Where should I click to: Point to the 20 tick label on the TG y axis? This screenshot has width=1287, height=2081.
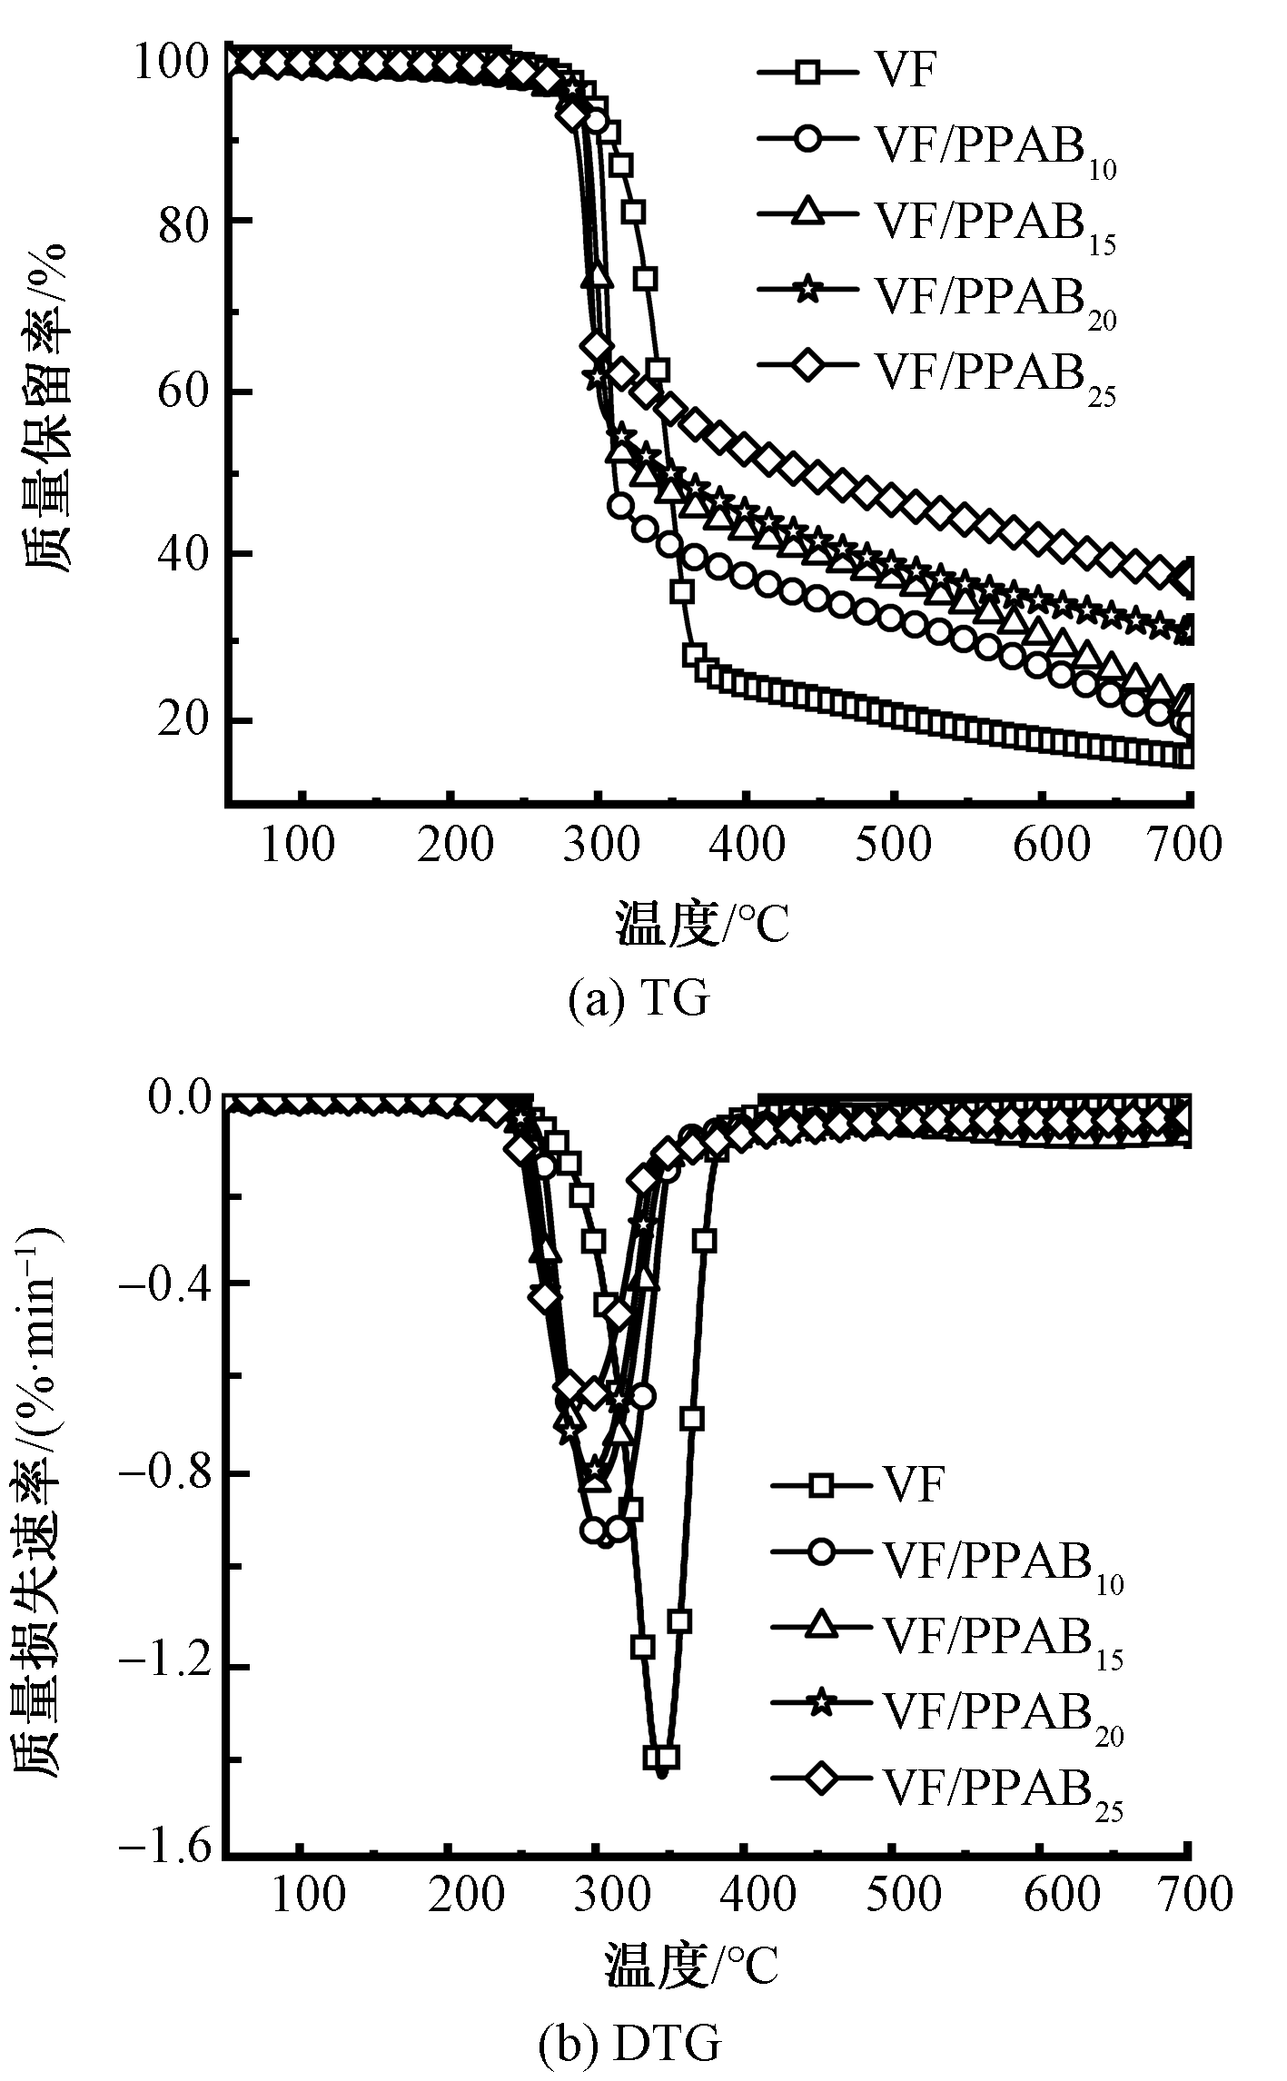pyautogui.click(x=183, y=721)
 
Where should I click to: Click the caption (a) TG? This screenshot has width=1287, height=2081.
pyautogui.click(x=638, y=1000)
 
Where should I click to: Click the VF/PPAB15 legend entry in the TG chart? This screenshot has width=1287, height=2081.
pyautogui.click(x=936, y=221)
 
